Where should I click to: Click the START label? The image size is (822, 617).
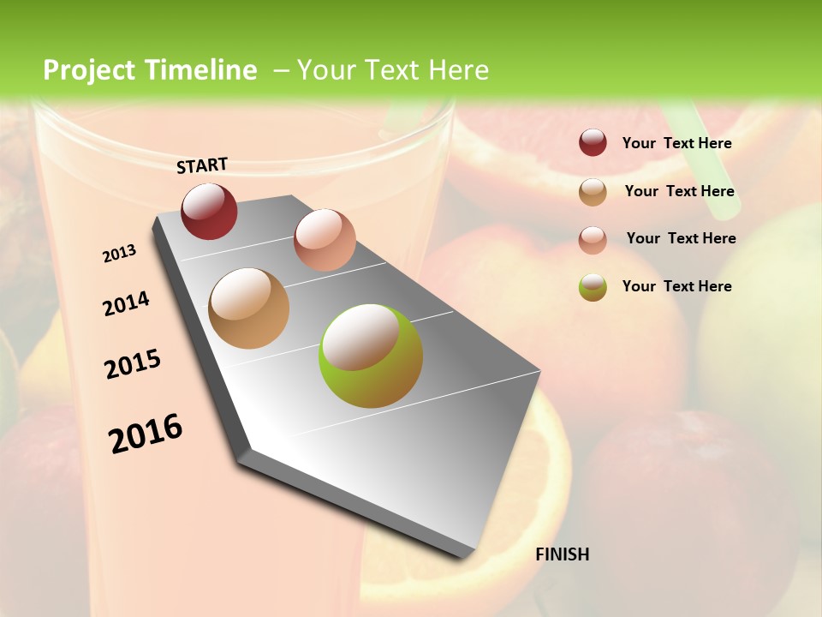tap(202, 165)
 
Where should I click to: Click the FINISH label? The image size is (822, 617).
tap(562, 554)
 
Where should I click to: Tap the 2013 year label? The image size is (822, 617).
tap(119, 254)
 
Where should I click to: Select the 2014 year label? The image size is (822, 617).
tap(126, 303)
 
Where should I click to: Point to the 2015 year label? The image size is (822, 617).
tap(133, 363)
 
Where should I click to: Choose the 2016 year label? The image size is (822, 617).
tap(146, 433)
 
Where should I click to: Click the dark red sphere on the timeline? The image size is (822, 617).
tap(209, 211)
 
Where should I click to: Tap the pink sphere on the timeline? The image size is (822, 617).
tap(325, 239)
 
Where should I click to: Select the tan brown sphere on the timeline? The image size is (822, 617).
tap(248, 308)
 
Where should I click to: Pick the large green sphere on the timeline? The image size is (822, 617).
tap(371, 355)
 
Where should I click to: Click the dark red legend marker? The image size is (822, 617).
tap(593, 142)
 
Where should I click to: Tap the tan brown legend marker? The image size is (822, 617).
tap(593, 192)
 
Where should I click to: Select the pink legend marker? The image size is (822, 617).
tap(593, 239)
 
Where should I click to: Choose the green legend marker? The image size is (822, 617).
tap(593, 287)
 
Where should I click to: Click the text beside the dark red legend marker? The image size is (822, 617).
tap(676, 143)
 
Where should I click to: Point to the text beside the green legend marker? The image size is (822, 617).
tap(676, 286)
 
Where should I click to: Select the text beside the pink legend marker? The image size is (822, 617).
tap(681, 238)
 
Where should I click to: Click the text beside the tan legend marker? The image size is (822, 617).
tap(679, 191)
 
